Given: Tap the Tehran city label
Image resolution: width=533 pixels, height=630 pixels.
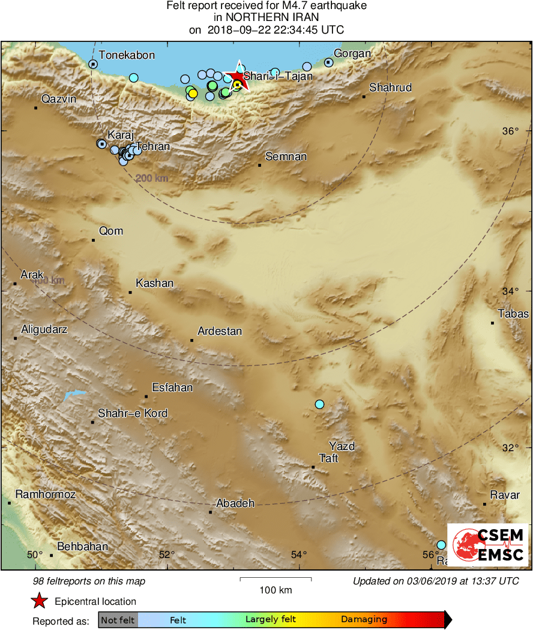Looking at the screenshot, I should click(153, 146).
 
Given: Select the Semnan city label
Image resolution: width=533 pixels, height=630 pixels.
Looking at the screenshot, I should click(286, 157).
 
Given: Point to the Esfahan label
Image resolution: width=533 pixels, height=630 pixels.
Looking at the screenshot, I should click(172, 388).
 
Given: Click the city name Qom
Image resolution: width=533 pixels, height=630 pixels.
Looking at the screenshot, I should click(111, 231).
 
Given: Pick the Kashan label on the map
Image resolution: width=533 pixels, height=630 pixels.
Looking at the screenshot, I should click(154, 283).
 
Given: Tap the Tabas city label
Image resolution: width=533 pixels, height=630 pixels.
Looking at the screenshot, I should click(513, 314).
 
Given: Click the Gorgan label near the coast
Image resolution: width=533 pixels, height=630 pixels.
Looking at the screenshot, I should click(352, 54).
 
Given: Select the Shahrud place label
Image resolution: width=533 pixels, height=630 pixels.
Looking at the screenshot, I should click(390, 88).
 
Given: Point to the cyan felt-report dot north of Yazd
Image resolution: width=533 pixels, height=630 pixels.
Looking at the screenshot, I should click(319, 404).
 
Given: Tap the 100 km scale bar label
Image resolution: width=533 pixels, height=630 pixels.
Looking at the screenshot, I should click(276, 590).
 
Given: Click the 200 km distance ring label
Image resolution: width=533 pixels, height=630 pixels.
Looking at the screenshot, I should click(151, 178).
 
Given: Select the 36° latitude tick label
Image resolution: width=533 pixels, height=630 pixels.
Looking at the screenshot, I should click(510, 131).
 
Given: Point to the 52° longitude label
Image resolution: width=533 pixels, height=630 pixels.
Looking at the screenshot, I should click(166, 554).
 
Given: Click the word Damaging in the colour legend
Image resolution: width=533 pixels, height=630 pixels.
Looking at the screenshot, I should click(364, 620).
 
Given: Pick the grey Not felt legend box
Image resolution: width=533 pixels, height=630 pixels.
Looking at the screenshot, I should click(118, 620).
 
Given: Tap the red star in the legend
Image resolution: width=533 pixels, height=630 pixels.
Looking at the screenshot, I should click(40, 601).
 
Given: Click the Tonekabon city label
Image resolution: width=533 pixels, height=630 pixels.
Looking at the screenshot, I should click(127, 55).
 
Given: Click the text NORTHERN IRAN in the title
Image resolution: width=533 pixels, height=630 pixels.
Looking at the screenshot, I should click(266, 18).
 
